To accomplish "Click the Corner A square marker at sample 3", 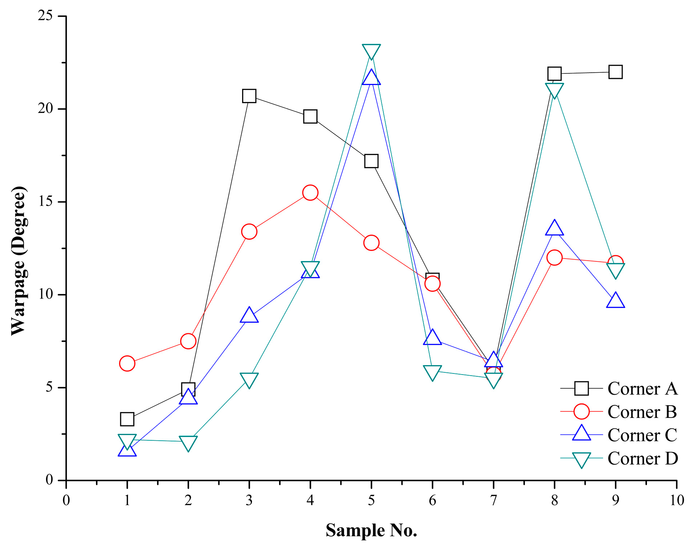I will (249, 96).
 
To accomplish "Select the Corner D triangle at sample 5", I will (371, 51).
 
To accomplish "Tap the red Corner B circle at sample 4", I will (310, 193).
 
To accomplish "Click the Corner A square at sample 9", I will (615, 72).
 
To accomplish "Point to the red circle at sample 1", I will (127, 363).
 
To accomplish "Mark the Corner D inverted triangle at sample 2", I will (188, 443).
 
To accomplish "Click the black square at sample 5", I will (371, 161).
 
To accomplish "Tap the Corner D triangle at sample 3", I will (249, 380).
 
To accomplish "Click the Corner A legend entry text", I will (642, 389).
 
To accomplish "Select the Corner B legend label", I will (642, 412).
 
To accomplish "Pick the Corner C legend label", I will (642, 435).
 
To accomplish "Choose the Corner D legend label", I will (642, 458).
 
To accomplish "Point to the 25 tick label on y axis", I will (46, 16).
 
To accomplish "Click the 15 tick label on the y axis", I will (46, 201).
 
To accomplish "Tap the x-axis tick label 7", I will (493, 500).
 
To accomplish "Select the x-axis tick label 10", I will (676, 500).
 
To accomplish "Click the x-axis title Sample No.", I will (371, 530).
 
